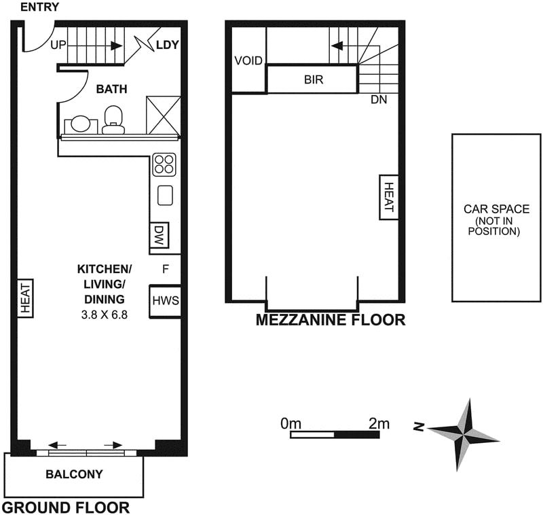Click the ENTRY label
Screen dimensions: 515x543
pyautogui.click(x=39, y=7)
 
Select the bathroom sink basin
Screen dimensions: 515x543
pyautogui.click(x=81, y=124)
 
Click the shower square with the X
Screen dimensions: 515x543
pyautogui.click(x=164, y=114)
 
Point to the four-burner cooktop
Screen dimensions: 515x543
pyautogui.click(x=164, y=164)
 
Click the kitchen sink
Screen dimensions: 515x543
pyautogui.click(x=165, y=196)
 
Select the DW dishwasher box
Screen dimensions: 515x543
pyautogui.click(x=159, y=236)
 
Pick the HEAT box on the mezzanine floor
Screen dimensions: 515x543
pyautogui.click(x=388, y=197)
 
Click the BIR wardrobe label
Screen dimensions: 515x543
pyautogui.click(x=313, y=79)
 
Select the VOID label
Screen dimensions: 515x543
pyautogui.click(x=248, y=60)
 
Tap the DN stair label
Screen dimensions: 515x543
pyautogui.click(x=379, y=100)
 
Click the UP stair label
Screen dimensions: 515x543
pyautogui.click(x=58, y=46)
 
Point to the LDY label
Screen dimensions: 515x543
pyautogui.click(x=167, y=46)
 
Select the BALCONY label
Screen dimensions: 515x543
pyautogui.click(x=75, y=474)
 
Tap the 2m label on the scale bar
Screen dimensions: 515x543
pyautogui.click(x=379, y=423)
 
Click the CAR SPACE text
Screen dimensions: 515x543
pyautogui.click(x=497, y=209)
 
